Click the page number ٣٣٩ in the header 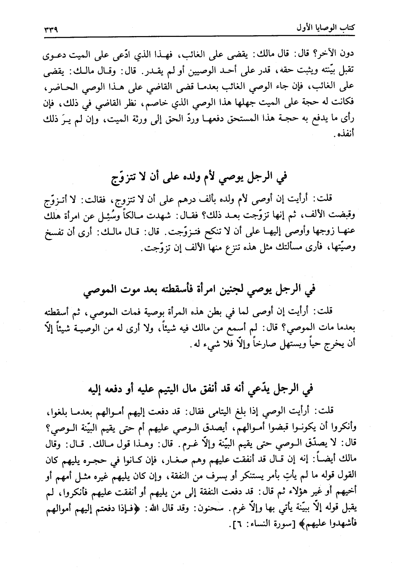(x=50, y=30)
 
